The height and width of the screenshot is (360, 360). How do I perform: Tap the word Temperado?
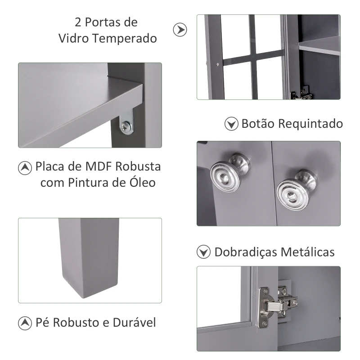125,38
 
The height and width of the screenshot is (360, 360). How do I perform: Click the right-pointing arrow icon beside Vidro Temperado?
180,30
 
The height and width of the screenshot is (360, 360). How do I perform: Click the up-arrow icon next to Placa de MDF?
25,167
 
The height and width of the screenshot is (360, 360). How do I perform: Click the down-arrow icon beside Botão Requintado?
231,124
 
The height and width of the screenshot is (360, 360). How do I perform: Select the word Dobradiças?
245,252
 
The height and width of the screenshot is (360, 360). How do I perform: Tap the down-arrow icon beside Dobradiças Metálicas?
204,252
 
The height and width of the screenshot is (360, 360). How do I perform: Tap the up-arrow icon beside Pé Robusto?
25,323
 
